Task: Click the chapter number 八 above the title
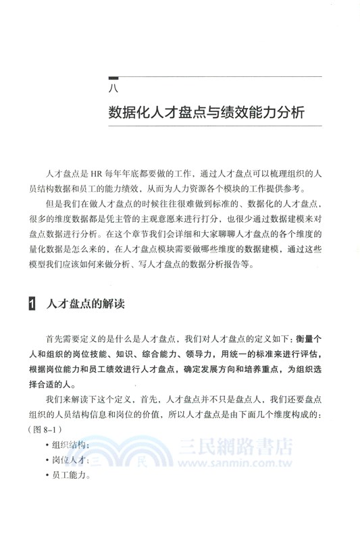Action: [x=113, y=88]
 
